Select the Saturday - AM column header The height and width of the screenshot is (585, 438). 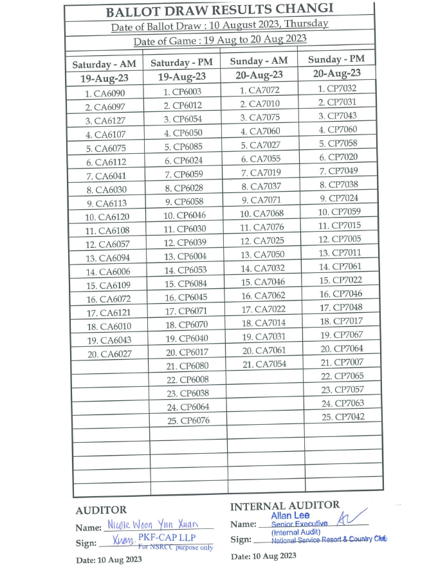click(104, 65)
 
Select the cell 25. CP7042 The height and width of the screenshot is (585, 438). click(343, 417)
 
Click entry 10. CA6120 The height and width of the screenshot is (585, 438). click(107, 217)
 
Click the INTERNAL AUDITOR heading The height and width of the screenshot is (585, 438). click(284, 506)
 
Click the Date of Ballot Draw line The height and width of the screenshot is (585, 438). click(219, 26)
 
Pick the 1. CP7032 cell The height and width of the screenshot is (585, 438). click(337, 89)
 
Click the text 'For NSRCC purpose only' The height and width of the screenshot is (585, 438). click(175, 548)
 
